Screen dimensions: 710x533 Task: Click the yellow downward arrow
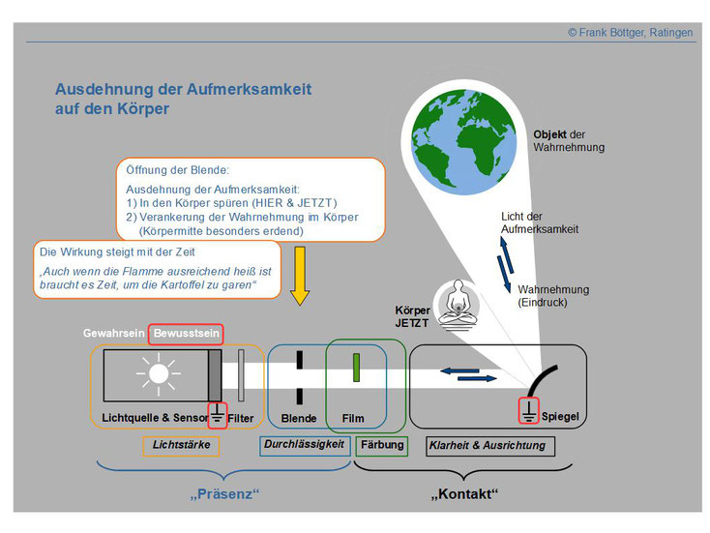(300, 276)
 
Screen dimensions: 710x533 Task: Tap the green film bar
(356, 368)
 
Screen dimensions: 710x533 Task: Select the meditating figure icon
(459, 304)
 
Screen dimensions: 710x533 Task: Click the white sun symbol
(159, 373)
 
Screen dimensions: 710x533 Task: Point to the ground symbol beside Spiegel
(528, 410)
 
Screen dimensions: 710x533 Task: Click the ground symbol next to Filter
(218, 414)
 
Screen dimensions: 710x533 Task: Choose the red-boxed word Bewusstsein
(186, 334)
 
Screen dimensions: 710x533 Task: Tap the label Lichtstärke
(181, 445)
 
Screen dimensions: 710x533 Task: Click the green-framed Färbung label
(382, 445)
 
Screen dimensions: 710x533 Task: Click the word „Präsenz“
(224, 493)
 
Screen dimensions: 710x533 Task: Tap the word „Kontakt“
(464, 493)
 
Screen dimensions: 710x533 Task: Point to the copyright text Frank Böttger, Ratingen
(631, 33)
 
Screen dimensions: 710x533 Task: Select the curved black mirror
(543, 381)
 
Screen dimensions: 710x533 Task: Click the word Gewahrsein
(113, 334)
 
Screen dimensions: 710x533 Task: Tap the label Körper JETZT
(412, 316)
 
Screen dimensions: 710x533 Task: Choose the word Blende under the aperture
(299, 419)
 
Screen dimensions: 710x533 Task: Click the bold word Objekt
(549, 135)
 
